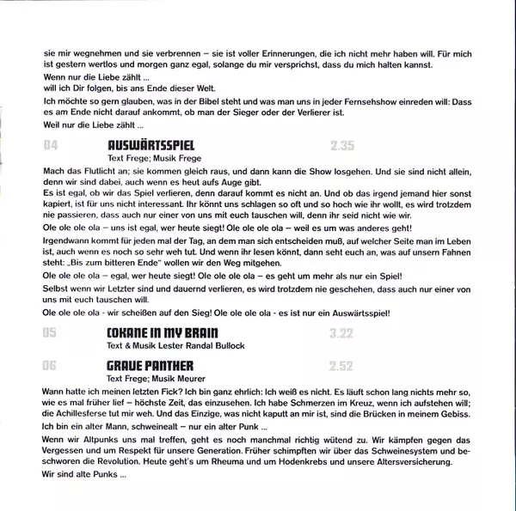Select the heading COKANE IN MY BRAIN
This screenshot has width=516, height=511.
pos(162,332)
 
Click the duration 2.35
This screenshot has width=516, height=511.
pos(341,147)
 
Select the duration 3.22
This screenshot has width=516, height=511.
pos(341,332)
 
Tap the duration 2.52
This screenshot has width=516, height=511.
pos(341,366)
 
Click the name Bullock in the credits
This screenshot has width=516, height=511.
pos(226,345)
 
